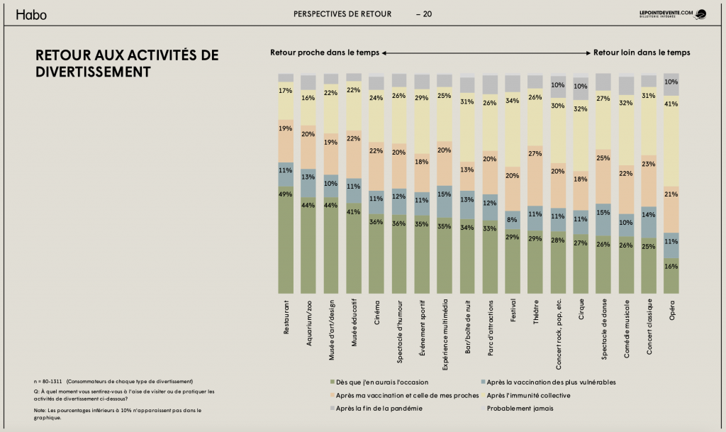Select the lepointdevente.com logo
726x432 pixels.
(x=672, y=14)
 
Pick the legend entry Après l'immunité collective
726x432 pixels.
(x=528, y=395)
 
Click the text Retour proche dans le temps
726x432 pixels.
(x=324, y=52)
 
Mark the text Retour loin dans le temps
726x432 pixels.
(x=642, y=52)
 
